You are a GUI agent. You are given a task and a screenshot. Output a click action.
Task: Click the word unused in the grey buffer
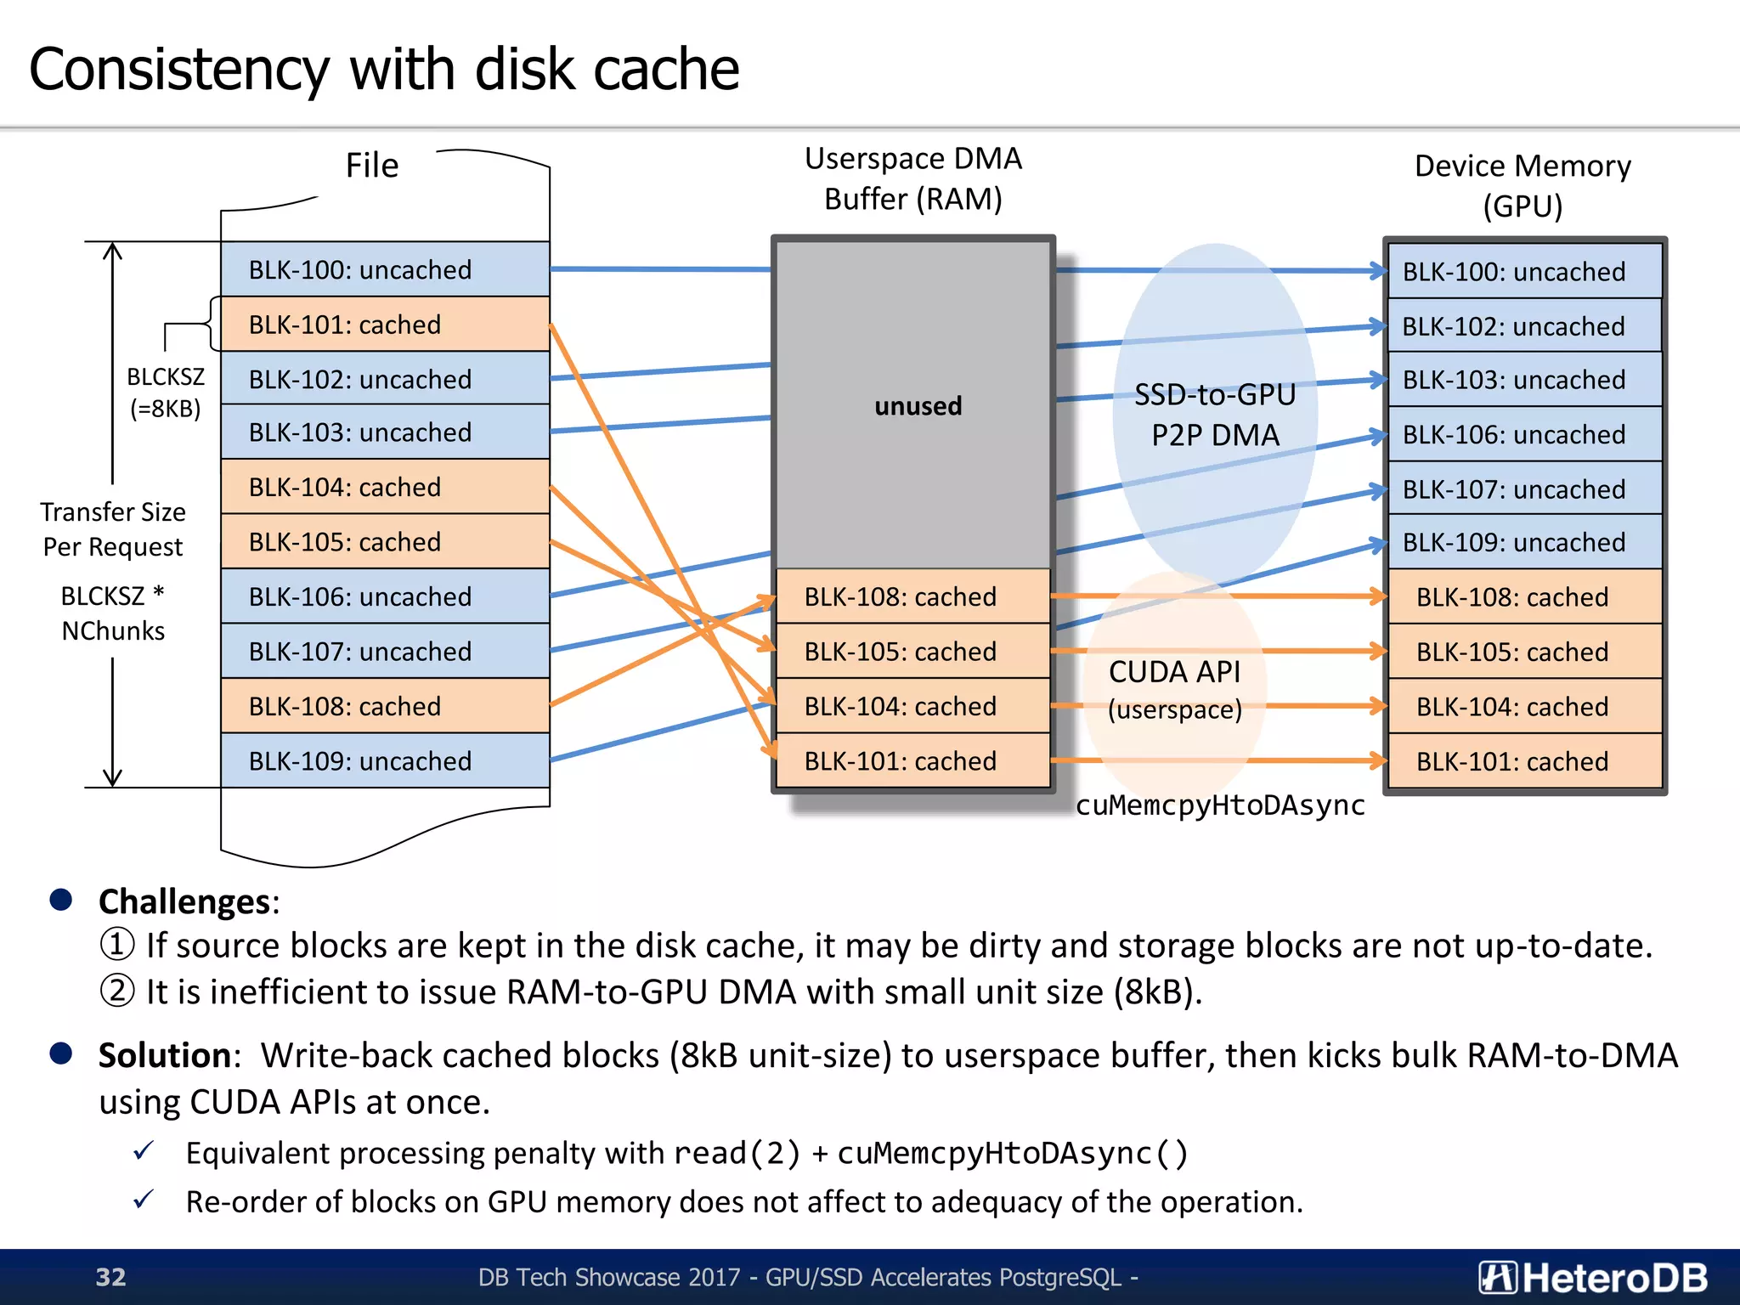pyautogui.click(x=918, y=406)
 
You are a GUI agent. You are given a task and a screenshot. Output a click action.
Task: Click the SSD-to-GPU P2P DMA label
pyautogui.click(x=1215, y=415)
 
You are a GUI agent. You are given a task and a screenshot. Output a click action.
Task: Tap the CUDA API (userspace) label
pyautogui.click(x=1174, y=689)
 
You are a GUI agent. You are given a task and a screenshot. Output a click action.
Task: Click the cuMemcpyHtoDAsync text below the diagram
pyautogui.click(x=1220, y=805)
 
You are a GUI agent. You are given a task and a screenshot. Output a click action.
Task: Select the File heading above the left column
pyautogui.click(x=371, y=166)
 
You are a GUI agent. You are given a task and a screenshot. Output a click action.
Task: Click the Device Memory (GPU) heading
pyautogui.click(x=1522, y=185)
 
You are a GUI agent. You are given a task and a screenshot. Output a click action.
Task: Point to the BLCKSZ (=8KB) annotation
pyautogui.click(x=166, y=393)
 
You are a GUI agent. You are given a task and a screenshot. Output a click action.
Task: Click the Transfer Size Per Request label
pyautogui.click(x=113, y=529)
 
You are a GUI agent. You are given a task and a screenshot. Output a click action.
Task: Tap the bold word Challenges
pyautogui.click(x=184, y=901)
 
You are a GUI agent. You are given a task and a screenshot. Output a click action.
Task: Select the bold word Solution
pyautogui.click(x=165, y=1055)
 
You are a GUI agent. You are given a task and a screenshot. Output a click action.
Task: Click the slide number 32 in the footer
pyautogui.click(x=110, y=1277)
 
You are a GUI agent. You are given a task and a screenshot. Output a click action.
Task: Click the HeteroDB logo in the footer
pyautogui.click(x=1592, y=1277)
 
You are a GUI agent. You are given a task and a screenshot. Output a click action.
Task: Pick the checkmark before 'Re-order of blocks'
pyautogui.click(x=144, y=1200)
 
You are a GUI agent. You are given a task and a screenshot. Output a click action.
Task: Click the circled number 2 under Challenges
pyautogui.click(x=117, y=991)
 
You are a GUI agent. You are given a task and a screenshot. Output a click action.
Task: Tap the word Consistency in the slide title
pyautogui.click(x=178, y=70)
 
